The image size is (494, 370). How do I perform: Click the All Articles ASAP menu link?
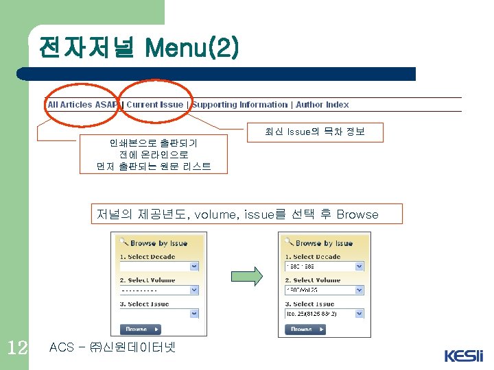[82, 105]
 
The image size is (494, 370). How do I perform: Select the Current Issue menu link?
[155, 105]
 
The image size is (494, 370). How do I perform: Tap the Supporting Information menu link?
[239, 105]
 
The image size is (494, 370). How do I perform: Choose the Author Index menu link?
[322, 105]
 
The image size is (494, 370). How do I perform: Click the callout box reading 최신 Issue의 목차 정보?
[314, 132]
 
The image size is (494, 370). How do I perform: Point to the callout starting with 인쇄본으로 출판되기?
[153, 154]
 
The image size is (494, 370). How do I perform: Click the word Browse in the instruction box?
[357, 214]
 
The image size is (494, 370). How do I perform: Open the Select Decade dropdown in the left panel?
[194, 266]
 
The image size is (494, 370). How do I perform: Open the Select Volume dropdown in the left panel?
[194, 290]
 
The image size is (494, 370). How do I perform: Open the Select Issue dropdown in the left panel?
[194, 313]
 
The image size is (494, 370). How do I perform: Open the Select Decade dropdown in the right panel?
[359, 266]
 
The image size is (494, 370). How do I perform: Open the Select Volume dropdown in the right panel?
[359, 290]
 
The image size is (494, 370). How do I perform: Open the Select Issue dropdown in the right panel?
[359, 313]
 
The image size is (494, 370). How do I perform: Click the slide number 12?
[16, 347]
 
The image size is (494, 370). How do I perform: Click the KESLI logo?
[463, 356]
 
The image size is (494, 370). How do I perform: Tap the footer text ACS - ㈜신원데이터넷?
[113, 347]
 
